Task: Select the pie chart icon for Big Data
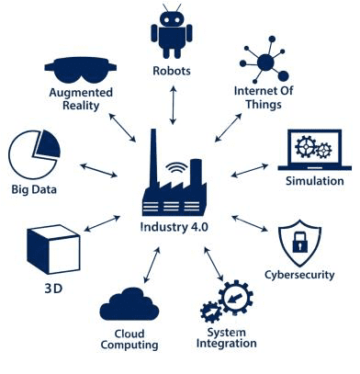pos(33,153)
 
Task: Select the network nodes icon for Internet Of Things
pos(265,60)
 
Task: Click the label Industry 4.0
pos(174,226)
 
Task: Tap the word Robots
pos(173,70)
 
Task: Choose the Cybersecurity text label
pos(300,275)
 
